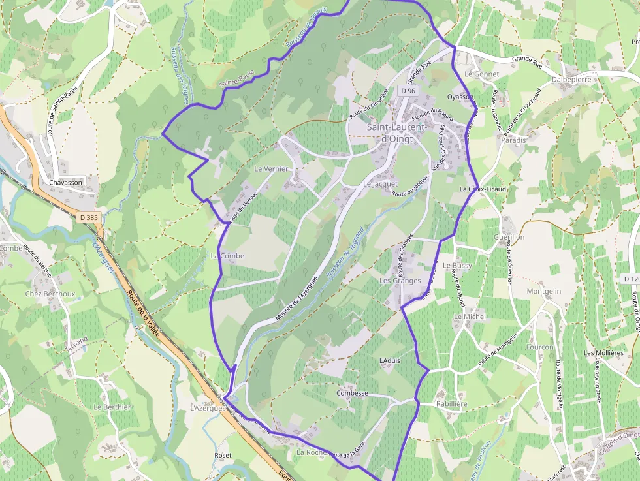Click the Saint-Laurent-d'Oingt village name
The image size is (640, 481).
coord(397,132)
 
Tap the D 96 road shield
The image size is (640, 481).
coord(408,91)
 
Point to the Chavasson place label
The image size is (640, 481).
coord(66,183)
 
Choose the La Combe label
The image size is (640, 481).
coord(227,256)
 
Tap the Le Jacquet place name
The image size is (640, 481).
coord(381,184)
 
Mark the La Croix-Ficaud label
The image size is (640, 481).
coord(484,189)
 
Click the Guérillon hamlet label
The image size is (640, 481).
coord(509,237)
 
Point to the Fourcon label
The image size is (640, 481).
coord(539,347)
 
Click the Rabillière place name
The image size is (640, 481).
coord(452,404)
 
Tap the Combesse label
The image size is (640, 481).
coord(353,394)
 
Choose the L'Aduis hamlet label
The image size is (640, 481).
coord(389,360)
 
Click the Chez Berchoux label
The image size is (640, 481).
coord(50,294)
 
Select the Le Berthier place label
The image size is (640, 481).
coord(112,407)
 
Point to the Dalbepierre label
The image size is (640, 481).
coord(571,80)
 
